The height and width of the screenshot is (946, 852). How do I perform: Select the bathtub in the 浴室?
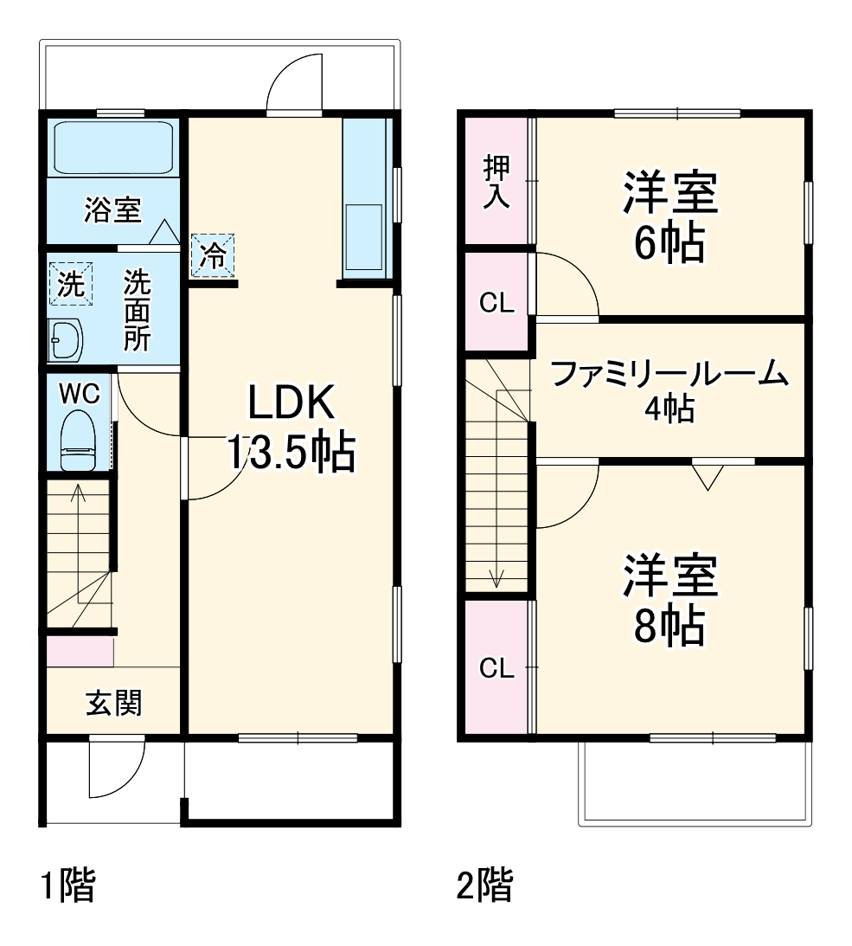coord(114,148)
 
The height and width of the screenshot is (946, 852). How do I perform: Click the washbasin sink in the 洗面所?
coord(65,340)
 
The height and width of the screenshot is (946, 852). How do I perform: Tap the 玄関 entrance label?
coord(113,704)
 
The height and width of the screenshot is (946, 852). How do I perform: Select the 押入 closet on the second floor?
coord(496,182)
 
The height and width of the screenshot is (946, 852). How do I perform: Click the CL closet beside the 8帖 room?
coord(496,667)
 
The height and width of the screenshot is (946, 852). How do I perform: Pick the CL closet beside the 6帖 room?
coord(496,302)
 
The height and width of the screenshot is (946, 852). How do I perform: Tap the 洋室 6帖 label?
coord(669,218)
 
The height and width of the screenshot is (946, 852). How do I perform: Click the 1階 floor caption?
coord(68,886)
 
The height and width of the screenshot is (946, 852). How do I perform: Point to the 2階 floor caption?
coord(484,886)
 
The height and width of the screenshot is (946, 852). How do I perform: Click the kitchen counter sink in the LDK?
coord(363,236)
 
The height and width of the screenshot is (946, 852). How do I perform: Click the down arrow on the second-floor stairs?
coord(496,578)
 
